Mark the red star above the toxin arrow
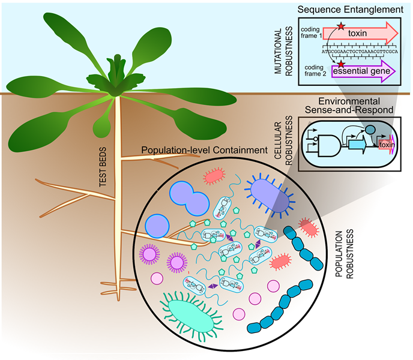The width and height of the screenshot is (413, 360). [340, 25]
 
